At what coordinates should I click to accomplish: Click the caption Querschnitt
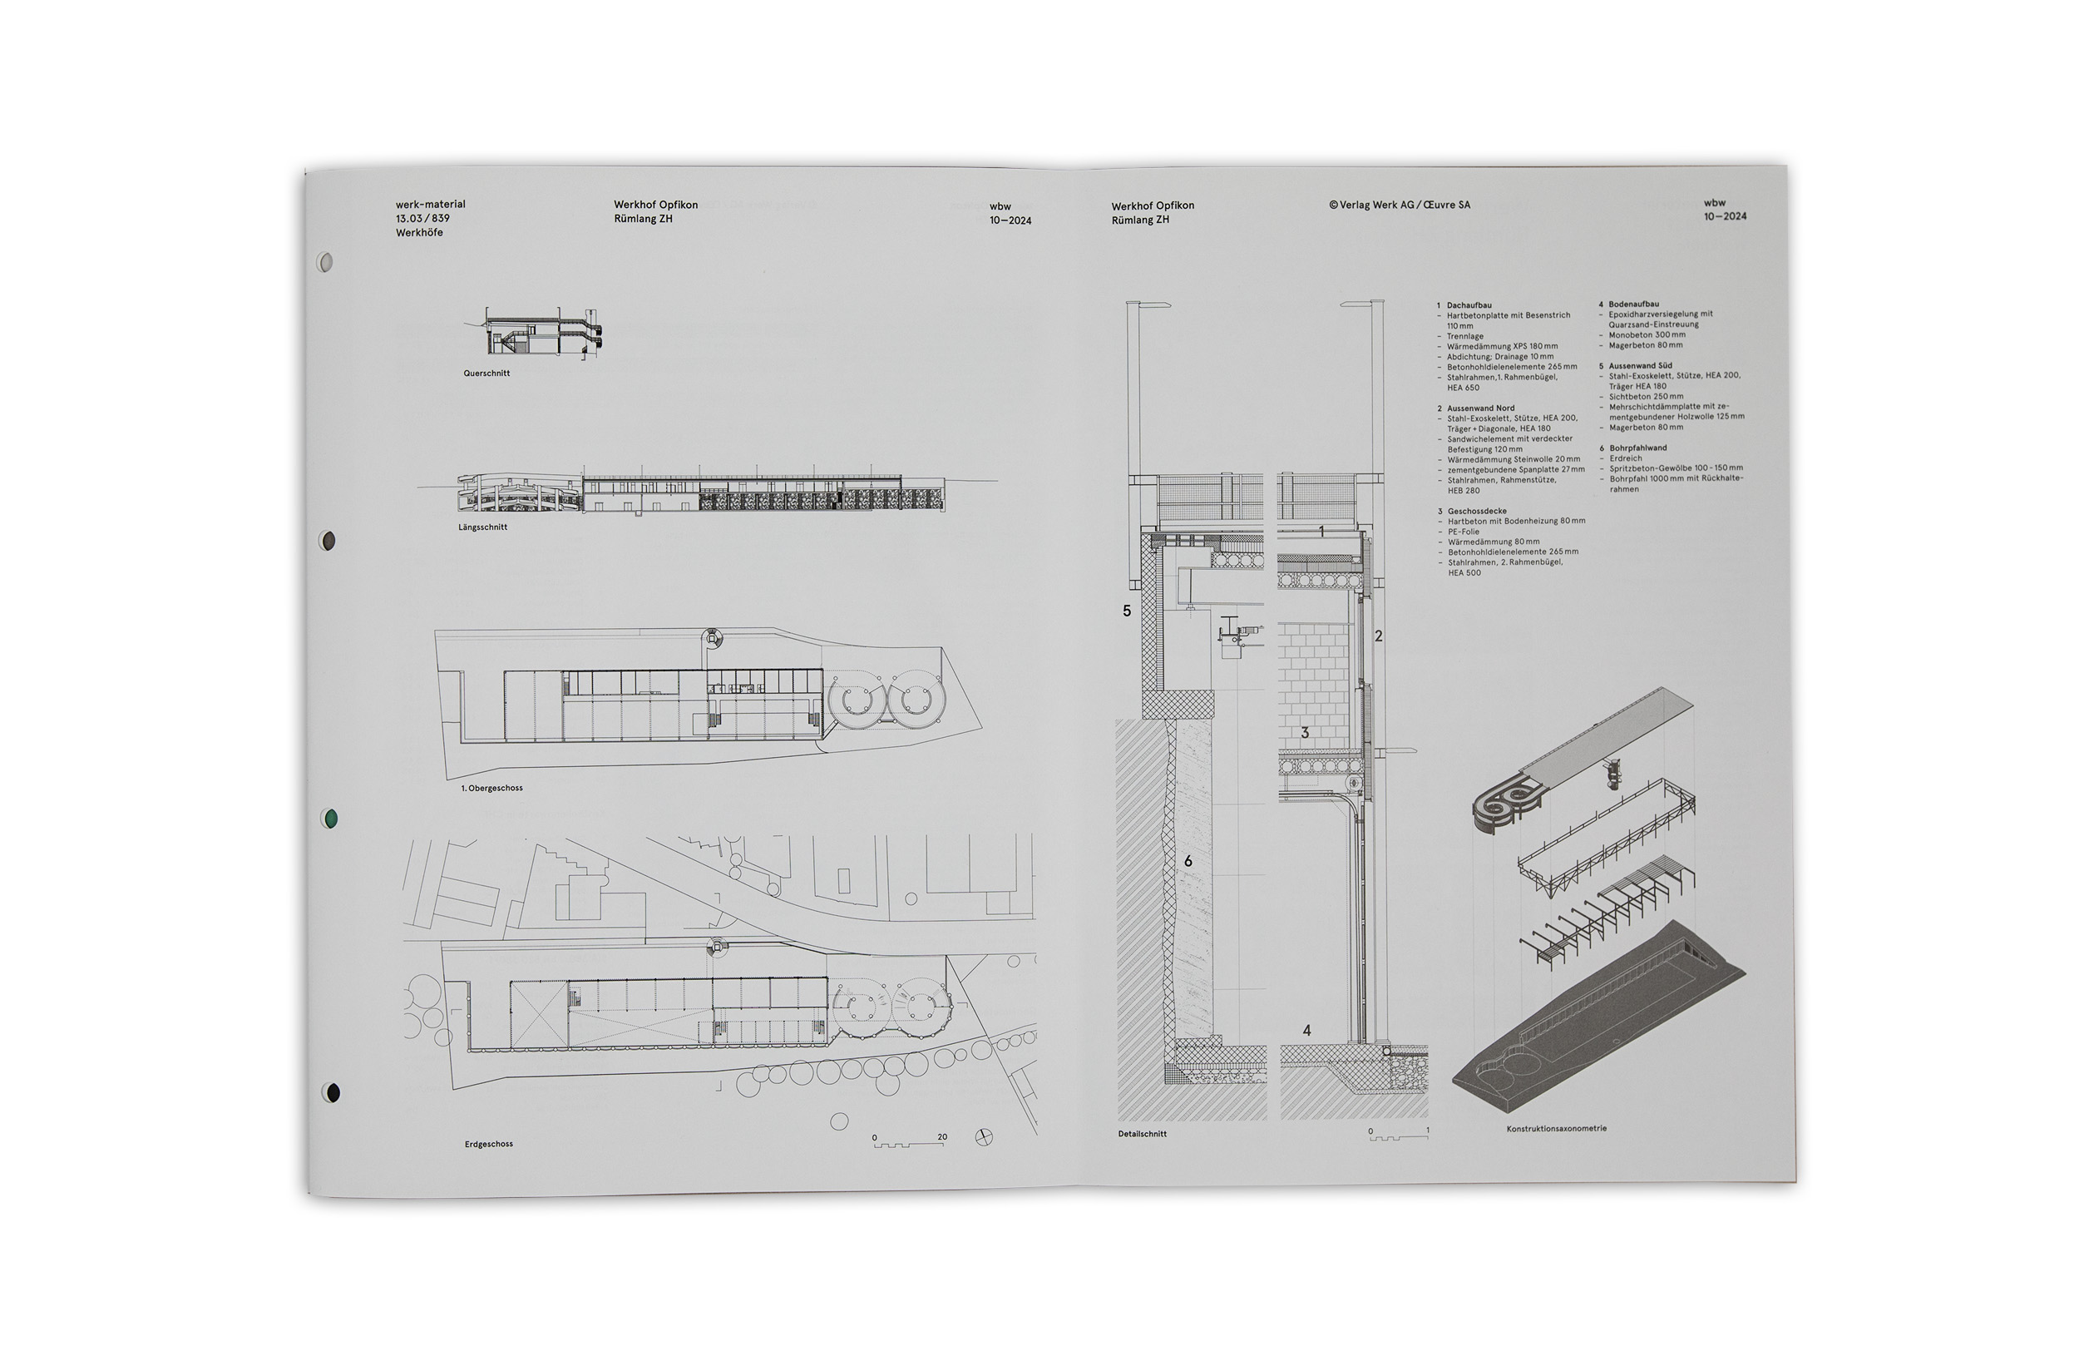(486, 374)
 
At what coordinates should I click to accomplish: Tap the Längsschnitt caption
(482, 527)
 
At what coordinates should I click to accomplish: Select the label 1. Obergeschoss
(491, 789)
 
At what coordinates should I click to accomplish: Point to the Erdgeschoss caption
(488, 1144)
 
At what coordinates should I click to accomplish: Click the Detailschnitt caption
(1142, 1133)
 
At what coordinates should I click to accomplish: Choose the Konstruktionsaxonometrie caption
(1556, 1128)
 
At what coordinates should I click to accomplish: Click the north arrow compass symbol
(984, 1137)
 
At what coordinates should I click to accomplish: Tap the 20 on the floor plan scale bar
(941, 1137)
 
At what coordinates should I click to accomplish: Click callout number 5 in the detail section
(1127, 611)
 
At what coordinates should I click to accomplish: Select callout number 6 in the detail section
(1188, 862)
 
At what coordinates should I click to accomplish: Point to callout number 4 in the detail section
(1306, 1030)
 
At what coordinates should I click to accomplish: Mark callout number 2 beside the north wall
(1379, 636)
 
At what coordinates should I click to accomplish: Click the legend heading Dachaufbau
(1469, 305)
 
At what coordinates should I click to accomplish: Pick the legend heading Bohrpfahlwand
(1638, 448)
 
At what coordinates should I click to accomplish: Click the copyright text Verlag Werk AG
(1400, 205)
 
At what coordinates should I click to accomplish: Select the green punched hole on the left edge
(331, 818)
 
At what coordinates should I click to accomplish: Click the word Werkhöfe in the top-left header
(419, 232)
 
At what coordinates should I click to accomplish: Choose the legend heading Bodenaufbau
(1633, 304)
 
